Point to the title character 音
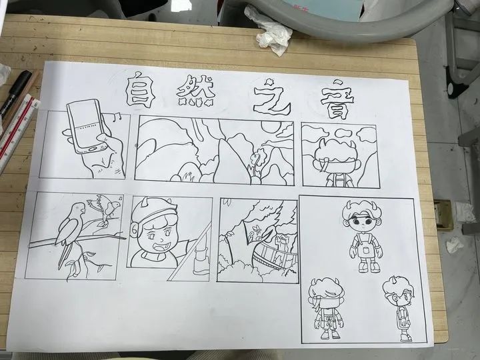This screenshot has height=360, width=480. [334, 97]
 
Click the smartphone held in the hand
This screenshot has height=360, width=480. [89, 124]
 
